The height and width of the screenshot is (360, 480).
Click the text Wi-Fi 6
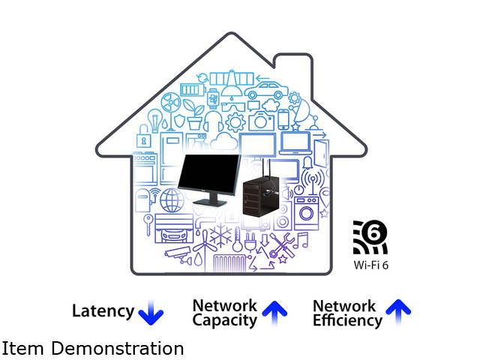tap(371, 265)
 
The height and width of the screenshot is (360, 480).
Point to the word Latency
tap(103, 311)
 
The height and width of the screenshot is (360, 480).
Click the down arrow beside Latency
tap(152, 312)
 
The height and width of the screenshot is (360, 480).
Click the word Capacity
tap(224, 320)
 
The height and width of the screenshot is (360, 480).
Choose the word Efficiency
tap(347, 320)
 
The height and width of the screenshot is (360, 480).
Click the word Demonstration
tap(124, 349)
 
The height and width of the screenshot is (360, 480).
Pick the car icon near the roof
tap(263, 91)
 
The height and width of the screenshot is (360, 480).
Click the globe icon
tap(172, 199)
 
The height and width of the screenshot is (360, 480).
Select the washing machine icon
tap(306, 211)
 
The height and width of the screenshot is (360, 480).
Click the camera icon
tap(262, 120)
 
